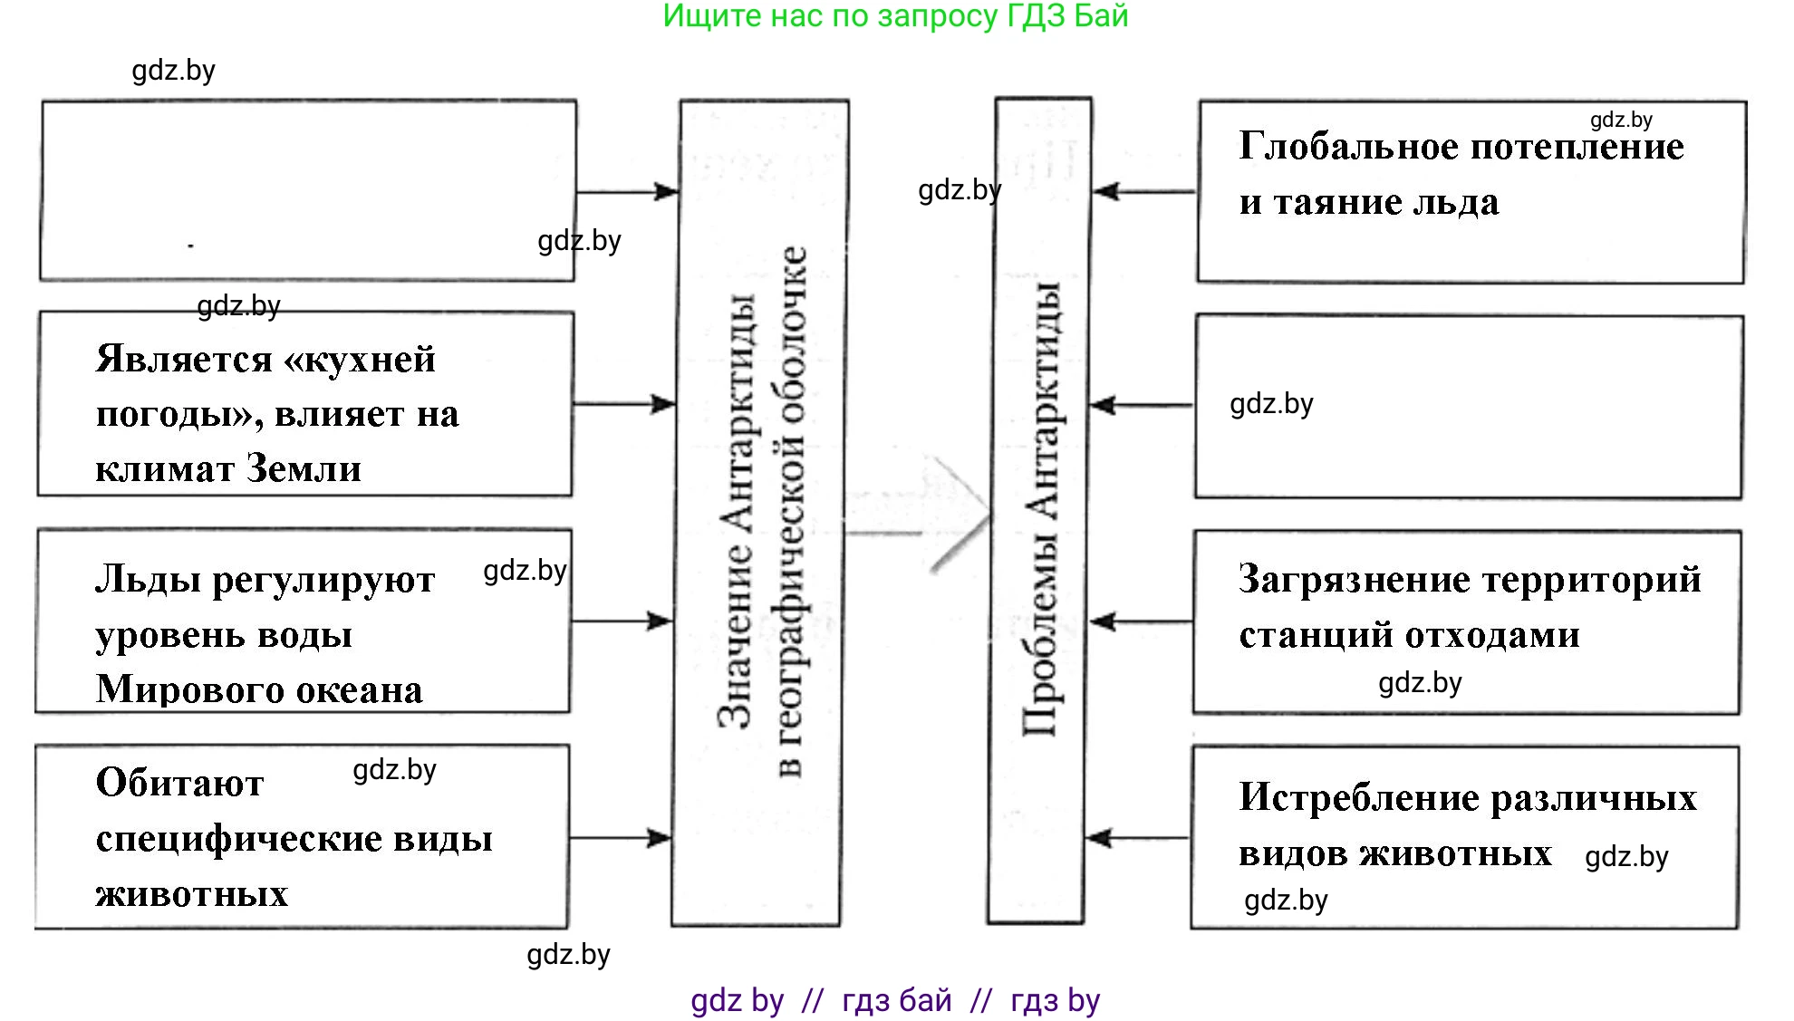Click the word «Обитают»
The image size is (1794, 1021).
pos(179,783)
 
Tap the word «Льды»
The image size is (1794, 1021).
pos(147,580)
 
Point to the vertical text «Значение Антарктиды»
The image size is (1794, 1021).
pos(736,512)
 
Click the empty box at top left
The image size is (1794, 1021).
pos(308,190)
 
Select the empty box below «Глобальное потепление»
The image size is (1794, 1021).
pos(1468,407)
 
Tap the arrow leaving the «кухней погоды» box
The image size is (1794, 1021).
pos(625,404)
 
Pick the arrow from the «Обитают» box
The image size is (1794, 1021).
pos(621,838)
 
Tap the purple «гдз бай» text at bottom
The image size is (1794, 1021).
pos(896,1000)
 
